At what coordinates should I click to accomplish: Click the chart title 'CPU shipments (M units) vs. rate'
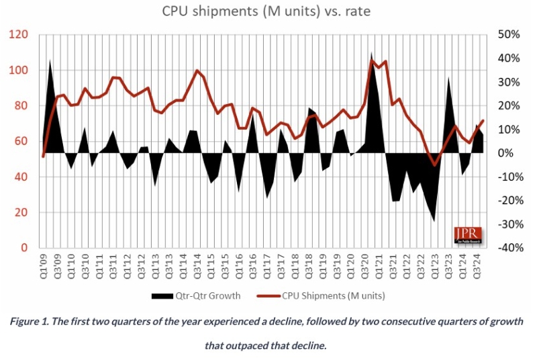pyautogui.click(x=268, y=11)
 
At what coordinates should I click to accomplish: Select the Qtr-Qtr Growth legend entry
pyautogui.click(x=202, y=295)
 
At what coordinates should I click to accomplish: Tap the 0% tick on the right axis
pyautogui.click(x=508, y=153)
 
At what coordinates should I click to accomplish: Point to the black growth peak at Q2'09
pyautogui.click(x=50, y=61)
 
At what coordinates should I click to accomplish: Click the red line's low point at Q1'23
pyautogui.click(x=434, y=165)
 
